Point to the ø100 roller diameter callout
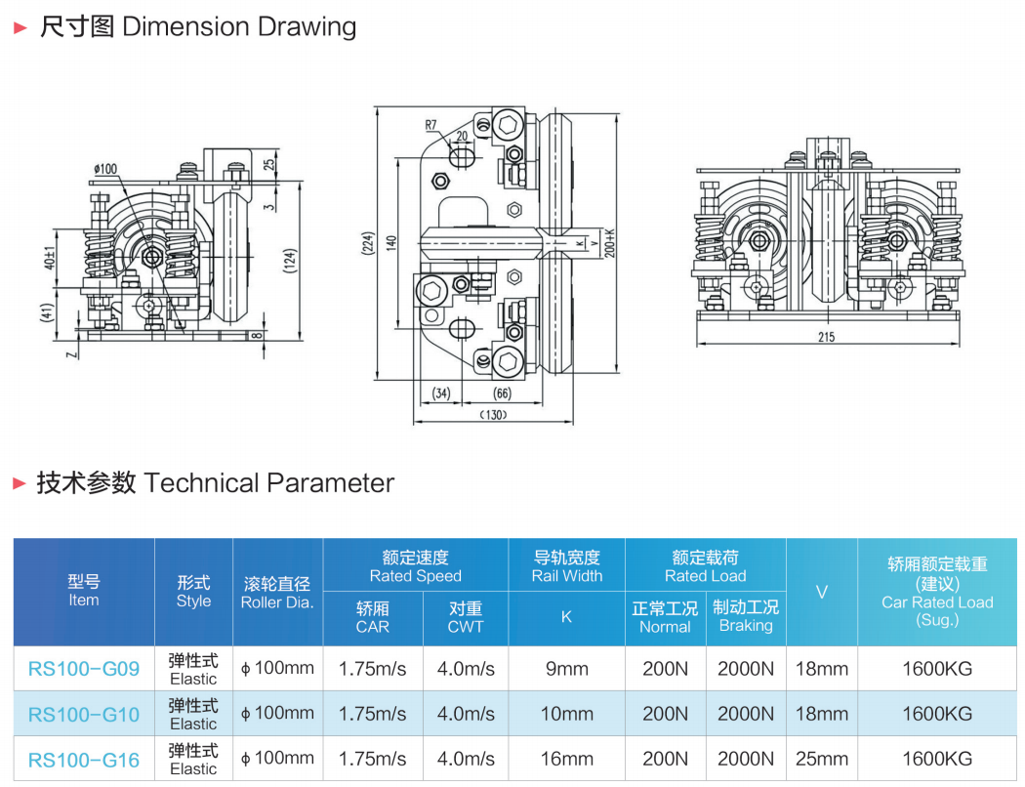104,169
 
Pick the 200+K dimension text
609,242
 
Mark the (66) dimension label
501,393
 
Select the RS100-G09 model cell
84,669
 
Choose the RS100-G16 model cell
84,759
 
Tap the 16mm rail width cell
566,759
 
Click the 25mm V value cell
822,759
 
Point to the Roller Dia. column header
277,593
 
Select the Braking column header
746,616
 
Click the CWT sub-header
465,617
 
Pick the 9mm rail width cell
566,669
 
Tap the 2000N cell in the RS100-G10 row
746,714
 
